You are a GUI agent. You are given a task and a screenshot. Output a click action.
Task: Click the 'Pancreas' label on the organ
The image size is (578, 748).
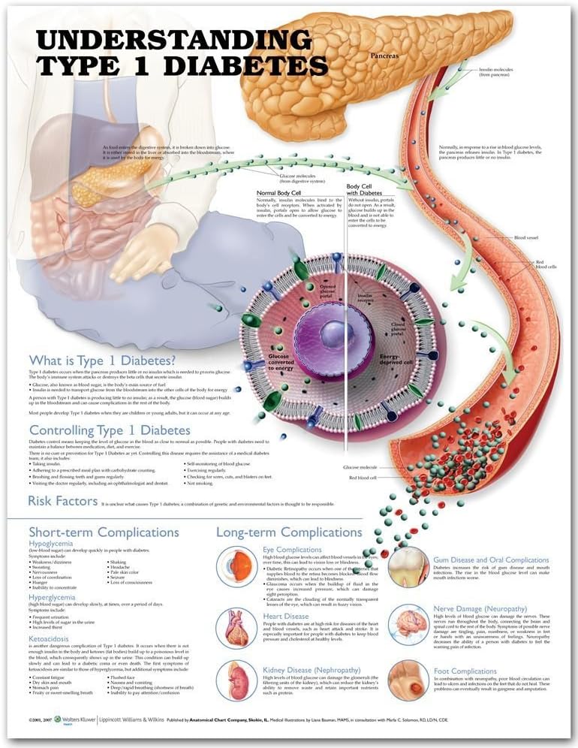click(384, 56)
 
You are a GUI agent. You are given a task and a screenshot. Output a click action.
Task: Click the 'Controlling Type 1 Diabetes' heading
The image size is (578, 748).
click(109, 430)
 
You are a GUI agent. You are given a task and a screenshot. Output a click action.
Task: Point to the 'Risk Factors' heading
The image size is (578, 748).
click(62, 500)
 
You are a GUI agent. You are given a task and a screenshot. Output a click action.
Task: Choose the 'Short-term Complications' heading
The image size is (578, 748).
click(104, 532)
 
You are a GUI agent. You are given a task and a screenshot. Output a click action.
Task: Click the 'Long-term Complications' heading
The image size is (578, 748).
click(289, 532)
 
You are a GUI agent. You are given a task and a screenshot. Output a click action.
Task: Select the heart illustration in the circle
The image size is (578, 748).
click(237, 628)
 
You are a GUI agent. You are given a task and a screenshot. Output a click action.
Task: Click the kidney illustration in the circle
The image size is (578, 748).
click(237, 680)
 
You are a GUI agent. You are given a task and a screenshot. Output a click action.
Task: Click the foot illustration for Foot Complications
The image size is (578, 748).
click(409, 680)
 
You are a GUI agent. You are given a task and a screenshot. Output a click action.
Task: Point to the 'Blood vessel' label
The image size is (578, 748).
click(526, 238)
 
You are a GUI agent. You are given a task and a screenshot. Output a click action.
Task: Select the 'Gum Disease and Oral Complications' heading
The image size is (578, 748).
click(491, 559)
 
